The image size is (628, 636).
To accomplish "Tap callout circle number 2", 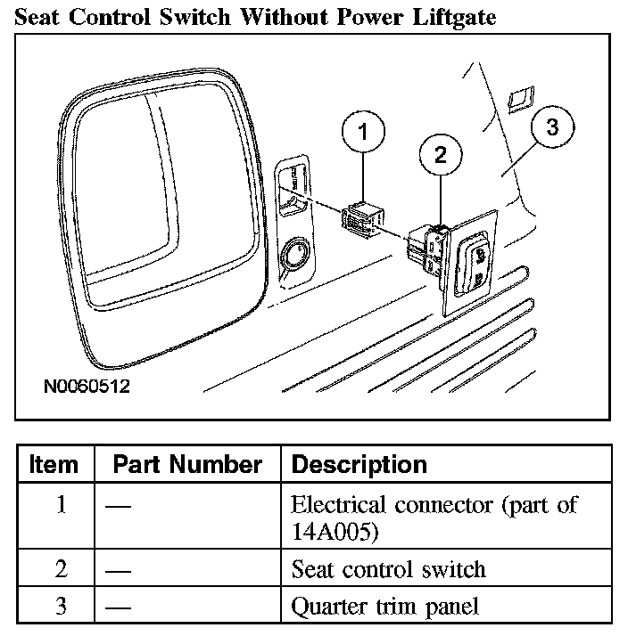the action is [440, 155].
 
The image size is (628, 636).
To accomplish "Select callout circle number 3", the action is [552, 127].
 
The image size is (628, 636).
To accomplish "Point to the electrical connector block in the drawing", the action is [363, 218].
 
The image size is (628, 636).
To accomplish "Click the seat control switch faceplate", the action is [469, 263].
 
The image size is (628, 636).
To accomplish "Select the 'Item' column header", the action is [54, 464].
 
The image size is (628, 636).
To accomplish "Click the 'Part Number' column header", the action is [187, 464].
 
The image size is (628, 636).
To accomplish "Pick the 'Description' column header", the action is [359, 464].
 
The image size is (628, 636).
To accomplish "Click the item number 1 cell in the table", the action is [61, 505].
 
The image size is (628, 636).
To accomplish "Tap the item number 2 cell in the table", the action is [61, 567].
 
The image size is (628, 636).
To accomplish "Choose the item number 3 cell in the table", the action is [61, 607].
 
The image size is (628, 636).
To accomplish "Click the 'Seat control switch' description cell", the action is [389, 568].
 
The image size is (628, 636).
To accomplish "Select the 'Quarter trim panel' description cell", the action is [385, 607].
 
